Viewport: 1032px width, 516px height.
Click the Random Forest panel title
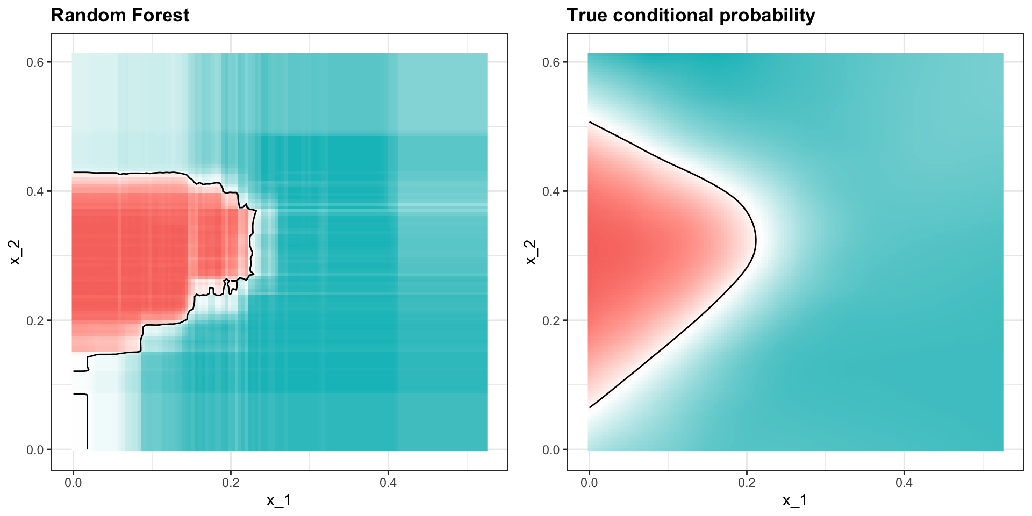point(120,16)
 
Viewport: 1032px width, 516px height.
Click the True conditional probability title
point(691,16)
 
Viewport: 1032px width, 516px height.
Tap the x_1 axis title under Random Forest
point(279,501)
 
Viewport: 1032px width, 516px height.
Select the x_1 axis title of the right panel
point(795,501)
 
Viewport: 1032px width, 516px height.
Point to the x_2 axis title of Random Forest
point(15,252)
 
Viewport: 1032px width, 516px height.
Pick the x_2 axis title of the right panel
point(531,252)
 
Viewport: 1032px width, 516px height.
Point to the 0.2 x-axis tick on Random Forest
point(231,483)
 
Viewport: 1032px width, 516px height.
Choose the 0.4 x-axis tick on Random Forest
point(388,483)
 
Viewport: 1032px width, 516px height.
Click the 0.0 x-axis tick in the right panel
point(589,483)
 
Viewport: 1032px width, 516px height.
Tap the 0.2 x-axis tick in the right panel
point(747,483)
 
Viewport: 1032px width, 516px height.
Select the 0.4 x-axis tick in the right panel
point(904,483)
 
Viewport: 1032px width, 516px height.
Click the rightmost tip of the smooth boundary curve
point(756,241)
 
